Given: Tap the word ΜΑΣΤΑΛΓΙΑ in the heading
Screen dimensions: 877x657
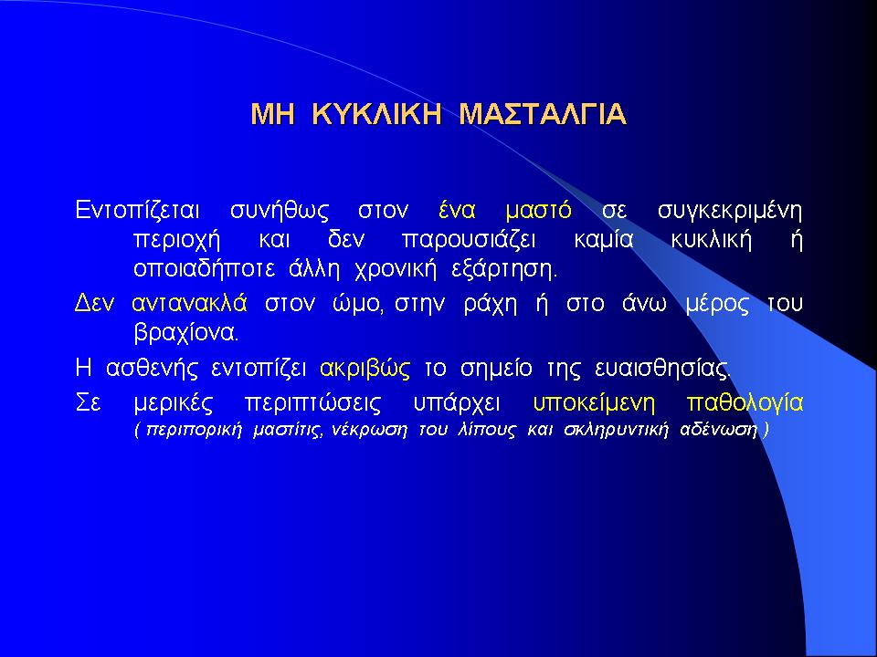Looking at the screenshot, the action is pos(543,114).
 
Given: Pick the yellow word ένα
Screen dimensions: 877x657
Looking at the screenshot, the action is pos(457,211).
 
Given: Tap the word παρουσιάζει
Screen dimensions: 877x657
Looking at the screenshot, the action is pos(469,241).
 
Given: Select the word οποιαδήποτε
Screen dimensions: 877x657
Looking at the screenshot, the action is pos(204,270).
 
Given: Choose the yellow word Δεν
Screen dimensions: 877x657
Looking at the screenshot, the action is pos(94,303).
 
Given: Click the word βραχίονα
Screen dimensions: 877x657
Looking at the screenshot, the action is pos(186,334).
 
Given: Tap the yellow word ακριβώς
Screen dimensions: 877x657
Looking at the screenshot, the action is pos(365,369).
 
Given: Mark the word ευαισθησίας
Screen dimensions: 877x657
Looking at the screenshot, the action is pos(663,369).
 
